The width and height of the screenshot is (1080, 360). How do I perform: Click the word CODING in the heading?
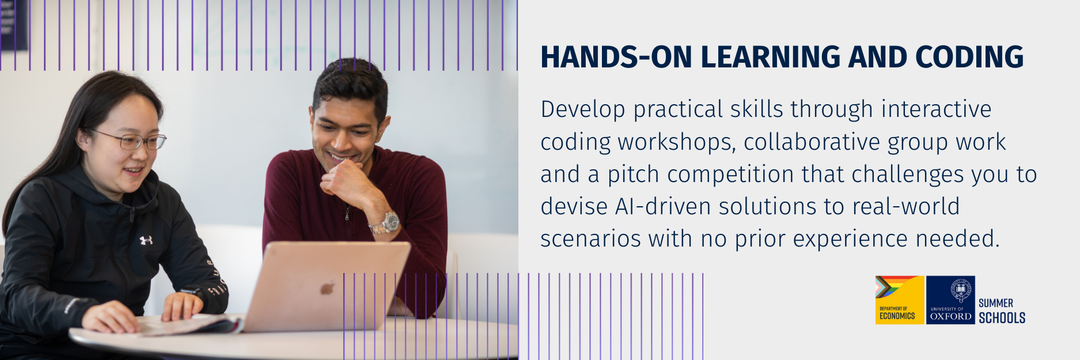969,57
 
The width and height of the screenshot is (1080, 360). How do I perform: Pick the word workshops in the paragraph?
677,142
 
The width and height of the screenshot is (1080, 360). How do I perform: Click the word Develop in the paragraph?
583,110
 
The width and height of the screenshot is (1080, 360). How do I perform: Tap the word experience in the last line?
850,238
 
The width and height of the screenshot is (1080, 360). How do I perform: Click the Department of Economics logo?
900,300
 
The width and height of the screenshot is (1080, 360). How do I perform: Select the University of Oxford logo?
950,300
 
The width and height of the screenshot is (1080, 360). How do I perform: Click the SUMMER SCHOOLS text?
1002,310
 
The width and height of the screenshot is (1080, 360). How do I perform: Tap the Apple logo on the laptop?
327,287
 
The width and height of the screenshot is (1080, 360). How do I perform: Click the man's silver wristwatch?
386,223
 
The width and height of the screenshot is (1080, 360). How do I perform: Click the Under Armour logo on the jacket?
146,240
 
